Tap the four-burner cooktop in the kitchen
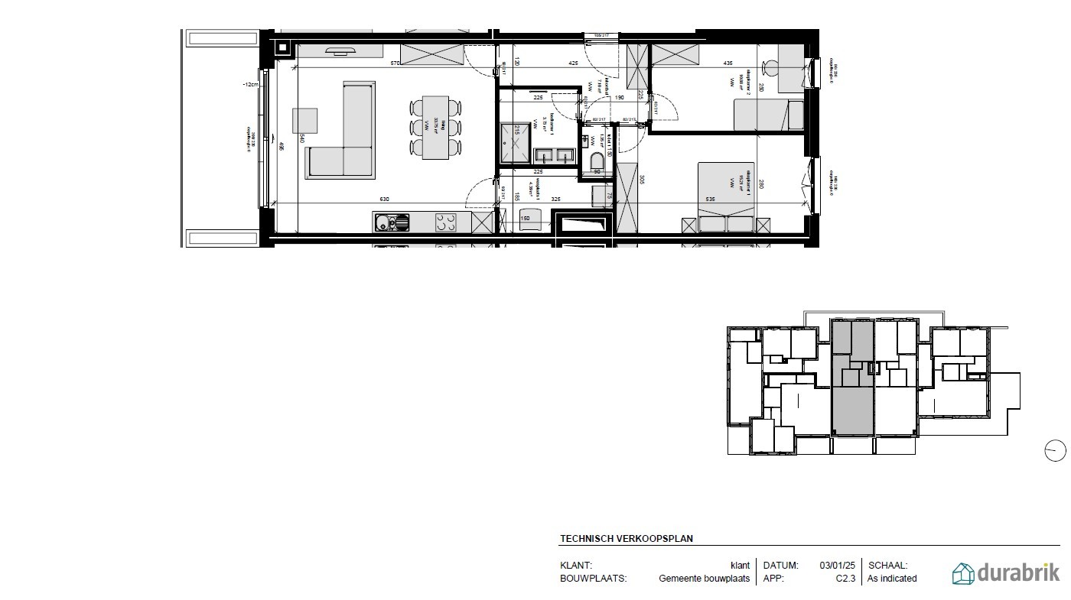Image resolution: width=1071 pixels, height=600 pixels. [x=447, y=222]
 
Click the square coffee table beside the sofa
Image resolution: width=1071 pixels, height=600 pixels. [x=304, y=120]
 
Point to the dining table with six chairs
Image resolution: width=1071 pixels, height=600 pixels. [x=436, y=127]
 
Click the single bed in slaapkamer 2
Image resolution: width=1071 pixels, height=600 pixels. [x=768, y=115]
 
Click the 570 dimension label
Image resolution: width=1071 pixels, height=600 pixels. [x=396, y=63]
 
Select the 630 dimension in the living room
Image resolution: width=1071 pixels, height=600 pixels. [x=384, y=199]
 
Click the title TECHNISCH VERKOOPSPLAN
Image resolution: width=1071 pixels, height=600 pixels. [x=626, y=538]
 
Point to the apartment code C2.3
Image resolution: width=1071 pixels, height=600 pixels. [x=845, y=579]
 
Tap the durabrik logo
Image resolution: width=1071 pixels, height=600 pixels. [x=1005, y=572]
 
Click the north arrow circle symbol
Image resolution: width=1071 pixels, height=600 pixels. [x=1055, y=451]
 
